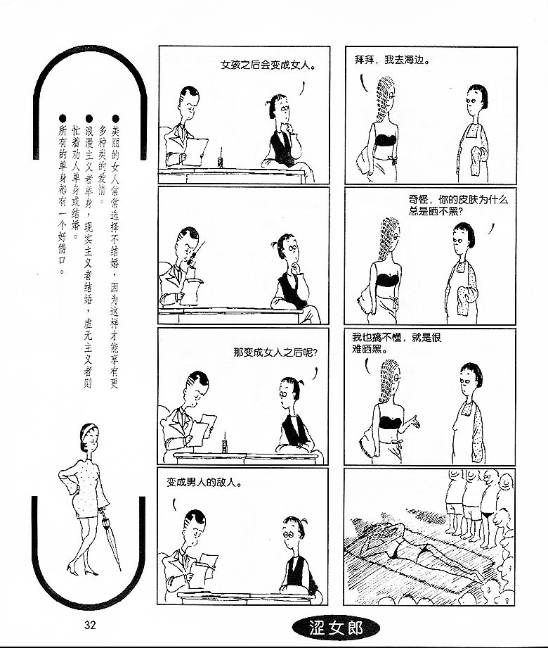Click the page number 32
click(x=90, y=625)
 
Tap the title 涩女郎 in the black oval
click(x=336, y=628)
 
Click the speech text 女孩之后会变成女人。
click(x=268, y=65)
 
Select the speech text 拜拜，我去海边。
click(x=393, y=60)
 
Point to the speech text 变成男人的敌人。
click(x=204, y=482)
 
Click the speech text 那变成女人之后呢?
click(x=275, y=352)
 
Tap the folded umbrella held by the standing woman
click(x=110, y=538)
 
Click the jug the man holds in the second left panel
click(x=190, y=291)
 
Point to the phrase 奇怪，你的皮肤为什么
click(x=458, y=200)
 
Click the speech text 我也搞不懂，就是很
click(x=396, y=337)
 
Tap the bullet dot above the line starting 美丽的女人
click(x=115, y=119)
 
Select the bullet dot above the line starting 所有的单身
click(x=63, y=119)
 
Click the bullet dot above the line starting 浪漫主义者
click(x=89, y=119)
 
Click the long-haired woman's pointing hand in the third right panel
click(x=414, y=423)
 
